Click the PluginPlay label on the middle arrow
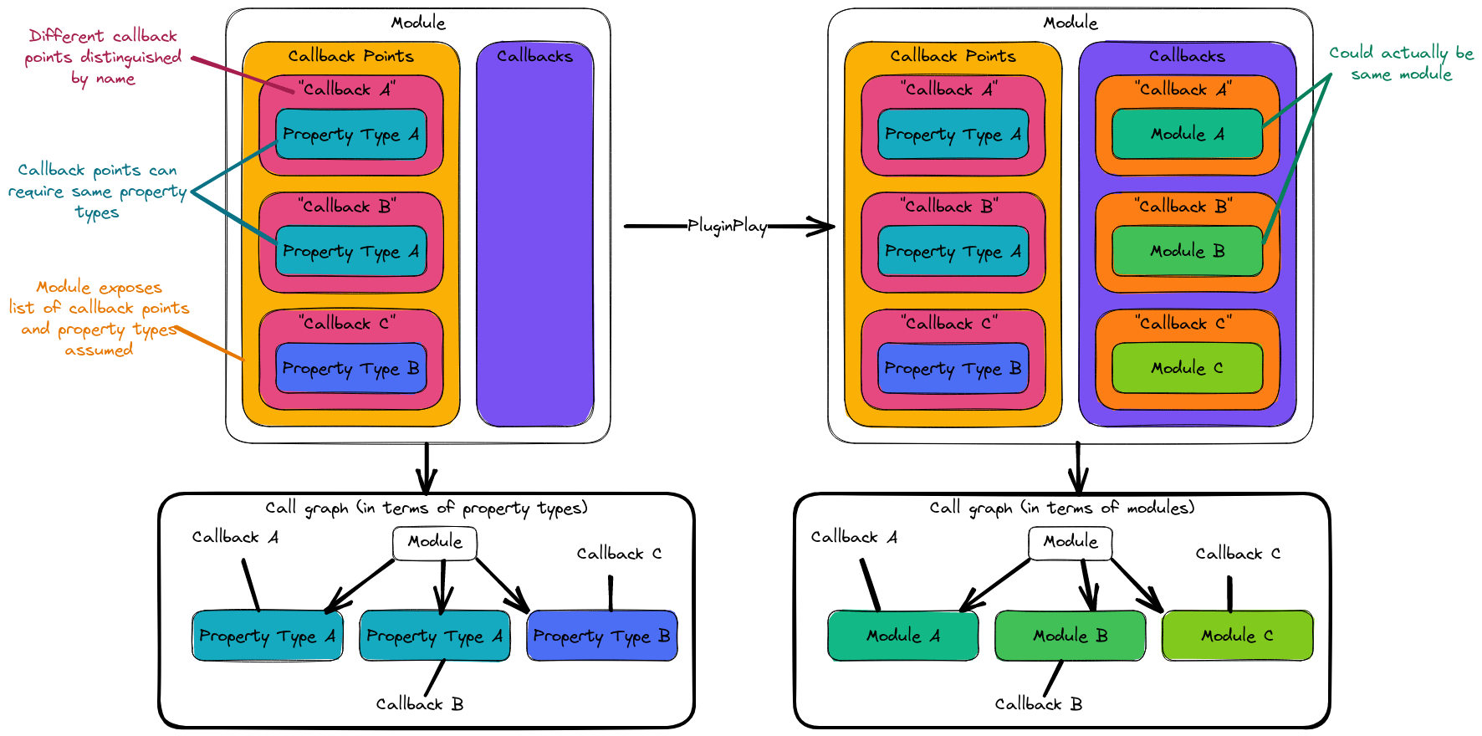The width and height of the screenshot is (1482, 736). click(727, 226)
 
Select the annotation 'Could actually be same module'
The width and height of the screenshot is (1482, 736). click(1401, 64)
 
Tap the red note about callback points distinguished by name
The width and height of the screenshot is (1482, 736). click(103, 57)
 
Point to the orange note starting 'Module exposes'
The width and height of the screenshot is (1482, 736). click(100, 319)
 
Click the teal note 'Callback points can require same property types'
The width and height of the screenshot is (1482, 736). click(97, 192)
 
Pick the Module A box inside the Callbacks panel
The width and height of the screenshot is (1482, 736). click(1187, 134)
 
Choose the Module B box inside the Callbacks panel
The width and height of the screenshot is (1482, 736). click(1187, 251)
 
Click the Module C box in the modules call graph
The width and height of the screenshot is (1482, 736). click(1237, 636)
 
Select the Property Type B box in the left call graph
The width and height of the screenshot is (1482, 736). click(601, 636)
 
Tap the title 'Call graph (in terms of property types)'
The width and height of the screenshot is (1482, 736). click(427, 508)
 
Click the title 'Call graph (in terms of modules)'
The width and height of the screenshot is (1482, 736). click(1061, 508)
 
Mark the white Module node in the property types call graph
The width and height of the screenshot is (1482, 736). click(435, 542)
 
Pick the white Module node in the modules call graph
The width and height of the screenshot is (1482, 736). click(1071, 542)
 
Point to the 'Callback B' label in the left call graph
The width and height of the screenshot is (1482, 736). click(420, 704)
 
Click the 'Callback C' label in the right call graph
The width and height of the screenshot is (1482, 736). click(1238, 554)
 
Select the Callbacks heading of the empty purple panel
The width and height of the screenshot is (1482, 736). click(534, 56)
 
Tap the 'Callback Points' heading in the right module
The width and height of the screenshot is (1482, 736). click(953, 56)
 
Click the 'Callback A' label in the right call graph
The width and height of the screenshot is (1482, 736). click(854, 537)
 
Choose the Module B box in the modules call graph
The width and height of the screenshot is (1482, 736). click(1070, 636)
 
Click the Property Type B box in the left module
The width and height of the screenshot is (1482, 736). click(350, 368)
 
